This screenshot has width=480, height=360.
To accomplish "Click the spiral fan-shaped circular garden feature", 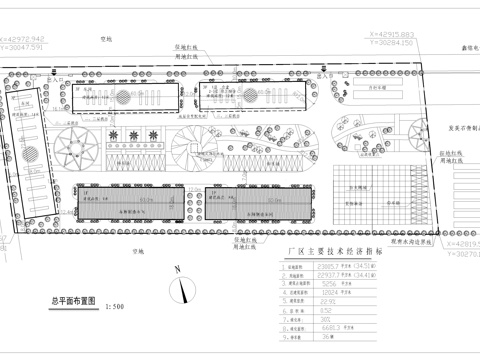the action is pos(194,150).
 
